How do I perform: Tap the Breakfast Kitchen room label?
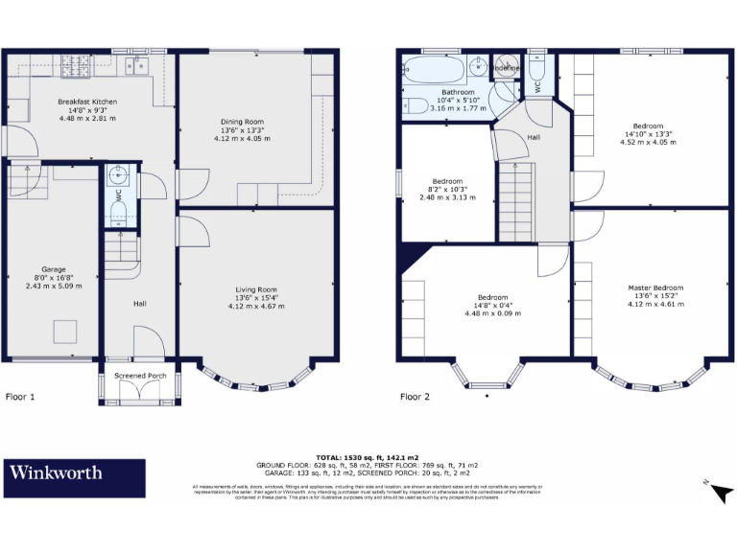click(87, 102)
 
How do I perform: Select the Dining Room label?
click(242, 122)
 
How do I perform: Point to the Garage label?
click(54, 269)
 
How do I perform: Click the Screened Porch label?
click(140, 376)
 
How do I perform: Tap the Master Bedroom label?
click(655, 288)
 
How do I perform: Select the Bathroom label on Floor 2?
click(456, 92)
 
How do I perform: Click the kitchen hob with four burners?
click(75, 66)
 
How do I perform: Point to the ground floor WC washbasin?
click(117, 174)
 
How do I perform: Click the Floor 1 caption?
click(20, 396)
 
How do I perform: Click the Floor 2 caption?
click(415, 396)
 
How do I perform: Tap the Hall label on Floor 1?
click(140, 304)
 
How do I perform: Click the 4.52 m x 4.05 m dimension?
click(648, 143)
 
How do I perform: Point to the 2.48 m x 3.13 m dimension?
click(447, 198)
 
